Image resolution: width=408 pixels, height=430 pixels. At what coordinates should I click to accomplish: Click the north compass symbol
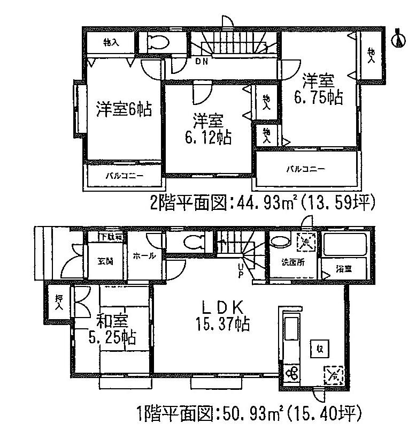pos(398,39)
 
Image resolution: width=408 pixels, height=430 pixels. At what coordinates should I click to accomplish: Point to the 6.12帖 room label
pos(206,129)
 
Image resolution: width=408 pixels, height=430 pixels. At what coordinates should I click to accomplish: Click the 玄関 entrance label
pos(105,261)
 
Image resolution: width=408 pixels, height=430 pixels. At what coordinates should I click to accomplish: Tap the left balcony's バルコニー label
pos(124,175)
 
